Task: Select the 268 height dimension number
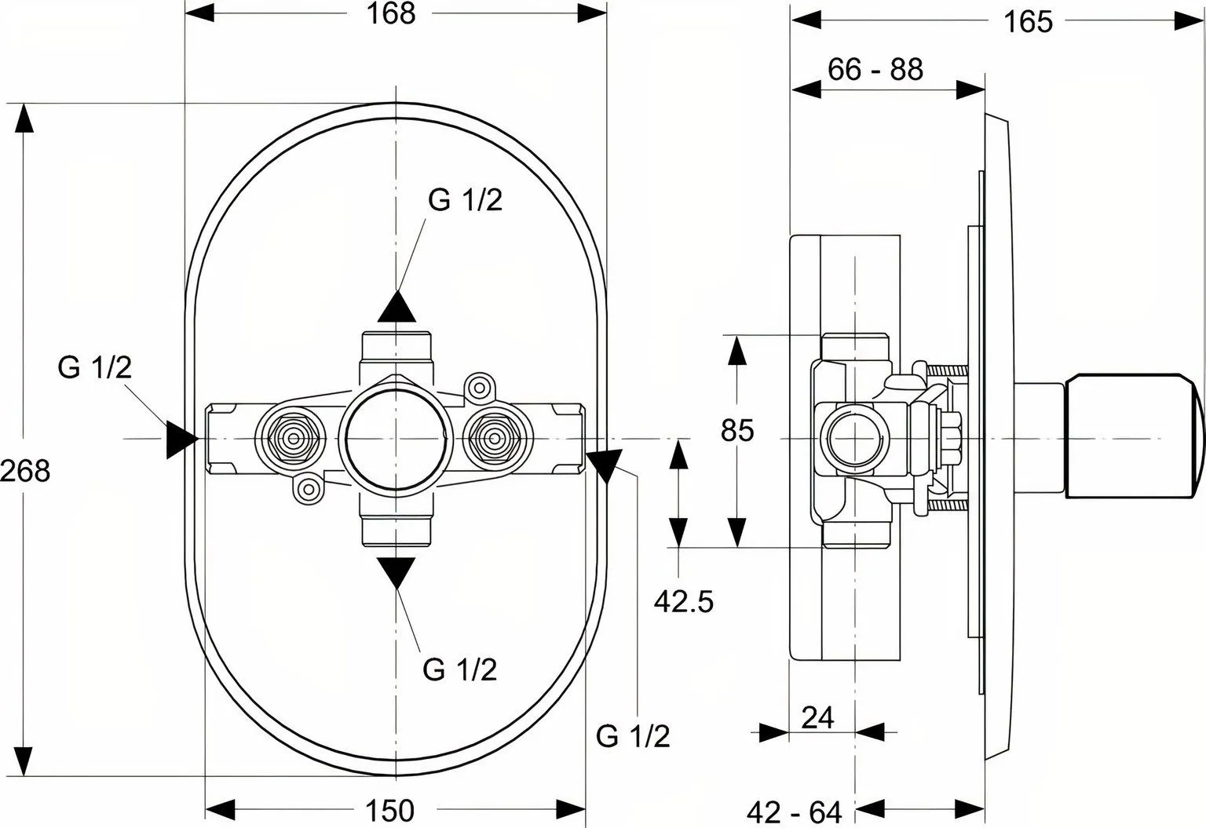point(25,471)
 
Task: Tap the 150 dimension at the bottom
point(389,810)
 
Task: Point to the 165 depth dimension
point(1029,22)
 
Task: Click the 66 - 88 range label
point(875,69)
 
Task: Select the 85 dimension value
point(737,430)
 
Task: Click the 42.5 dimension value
point(684,601)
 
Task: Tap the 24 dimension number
point(818,717)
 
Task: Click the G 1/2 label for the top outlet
point(465,200)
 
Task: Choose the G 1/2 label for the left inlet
point(95,368)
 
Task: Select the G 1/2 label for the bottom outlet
point(460,669)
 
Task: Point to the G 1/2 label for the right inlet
point(633,736)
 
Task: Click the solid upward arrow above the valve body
point(397,307)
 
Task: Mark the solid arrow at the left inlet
point(181,440)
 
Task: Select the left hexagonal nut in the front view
point(294,439)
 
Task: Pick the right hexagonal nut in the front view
point(494,439)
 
